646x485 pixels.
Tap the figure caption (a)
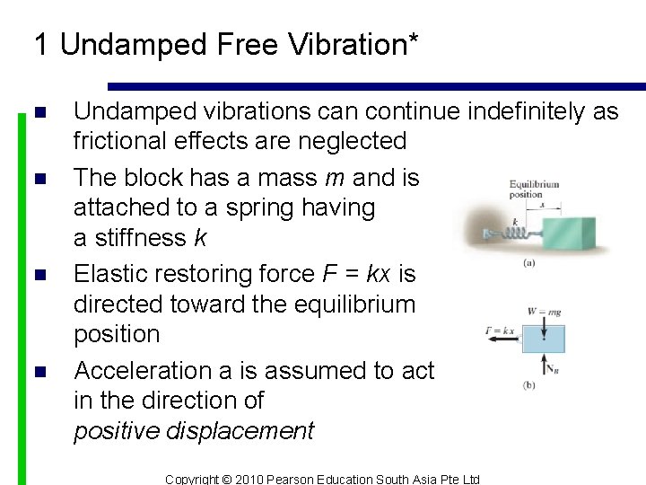(x=529, y=264)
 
